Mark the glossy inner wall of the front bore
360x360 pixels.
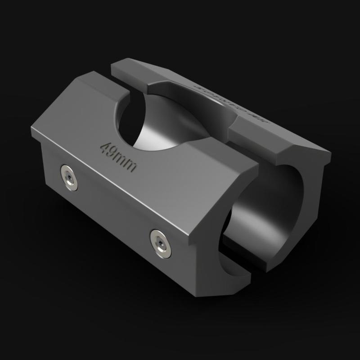[252, 225]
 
